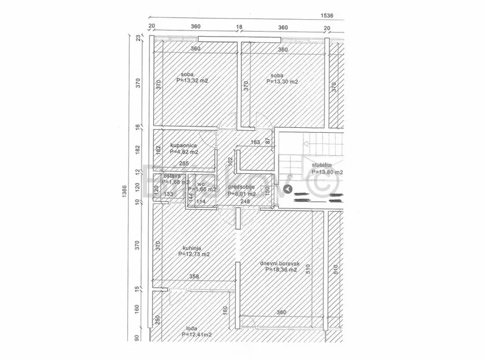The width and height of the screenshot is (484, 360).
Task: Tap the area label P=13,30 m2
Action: [x=283, y=82]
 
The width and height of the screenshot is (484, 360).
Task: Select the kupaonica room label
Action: [x=184, y=145]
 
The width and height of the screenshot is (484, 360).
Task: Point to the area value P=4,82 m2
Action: [x=184, y=152]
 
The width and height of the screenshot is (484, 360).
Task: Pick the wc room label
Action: [x=201, y=184]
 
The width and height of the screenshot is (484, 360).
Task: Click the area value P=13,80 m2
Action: [x=327, y=172]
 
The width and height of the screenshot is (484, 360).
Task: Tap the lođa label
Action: [x=192, y=329]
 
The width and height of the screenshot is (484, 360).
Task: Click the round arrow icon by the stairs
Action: [x=287, y=189]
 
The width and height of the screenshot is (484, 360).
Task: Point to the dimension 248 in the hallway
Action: [x=245, y=201]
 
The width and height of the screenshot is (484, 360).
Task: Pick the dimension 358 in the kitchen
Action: [x=194, y=277]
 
